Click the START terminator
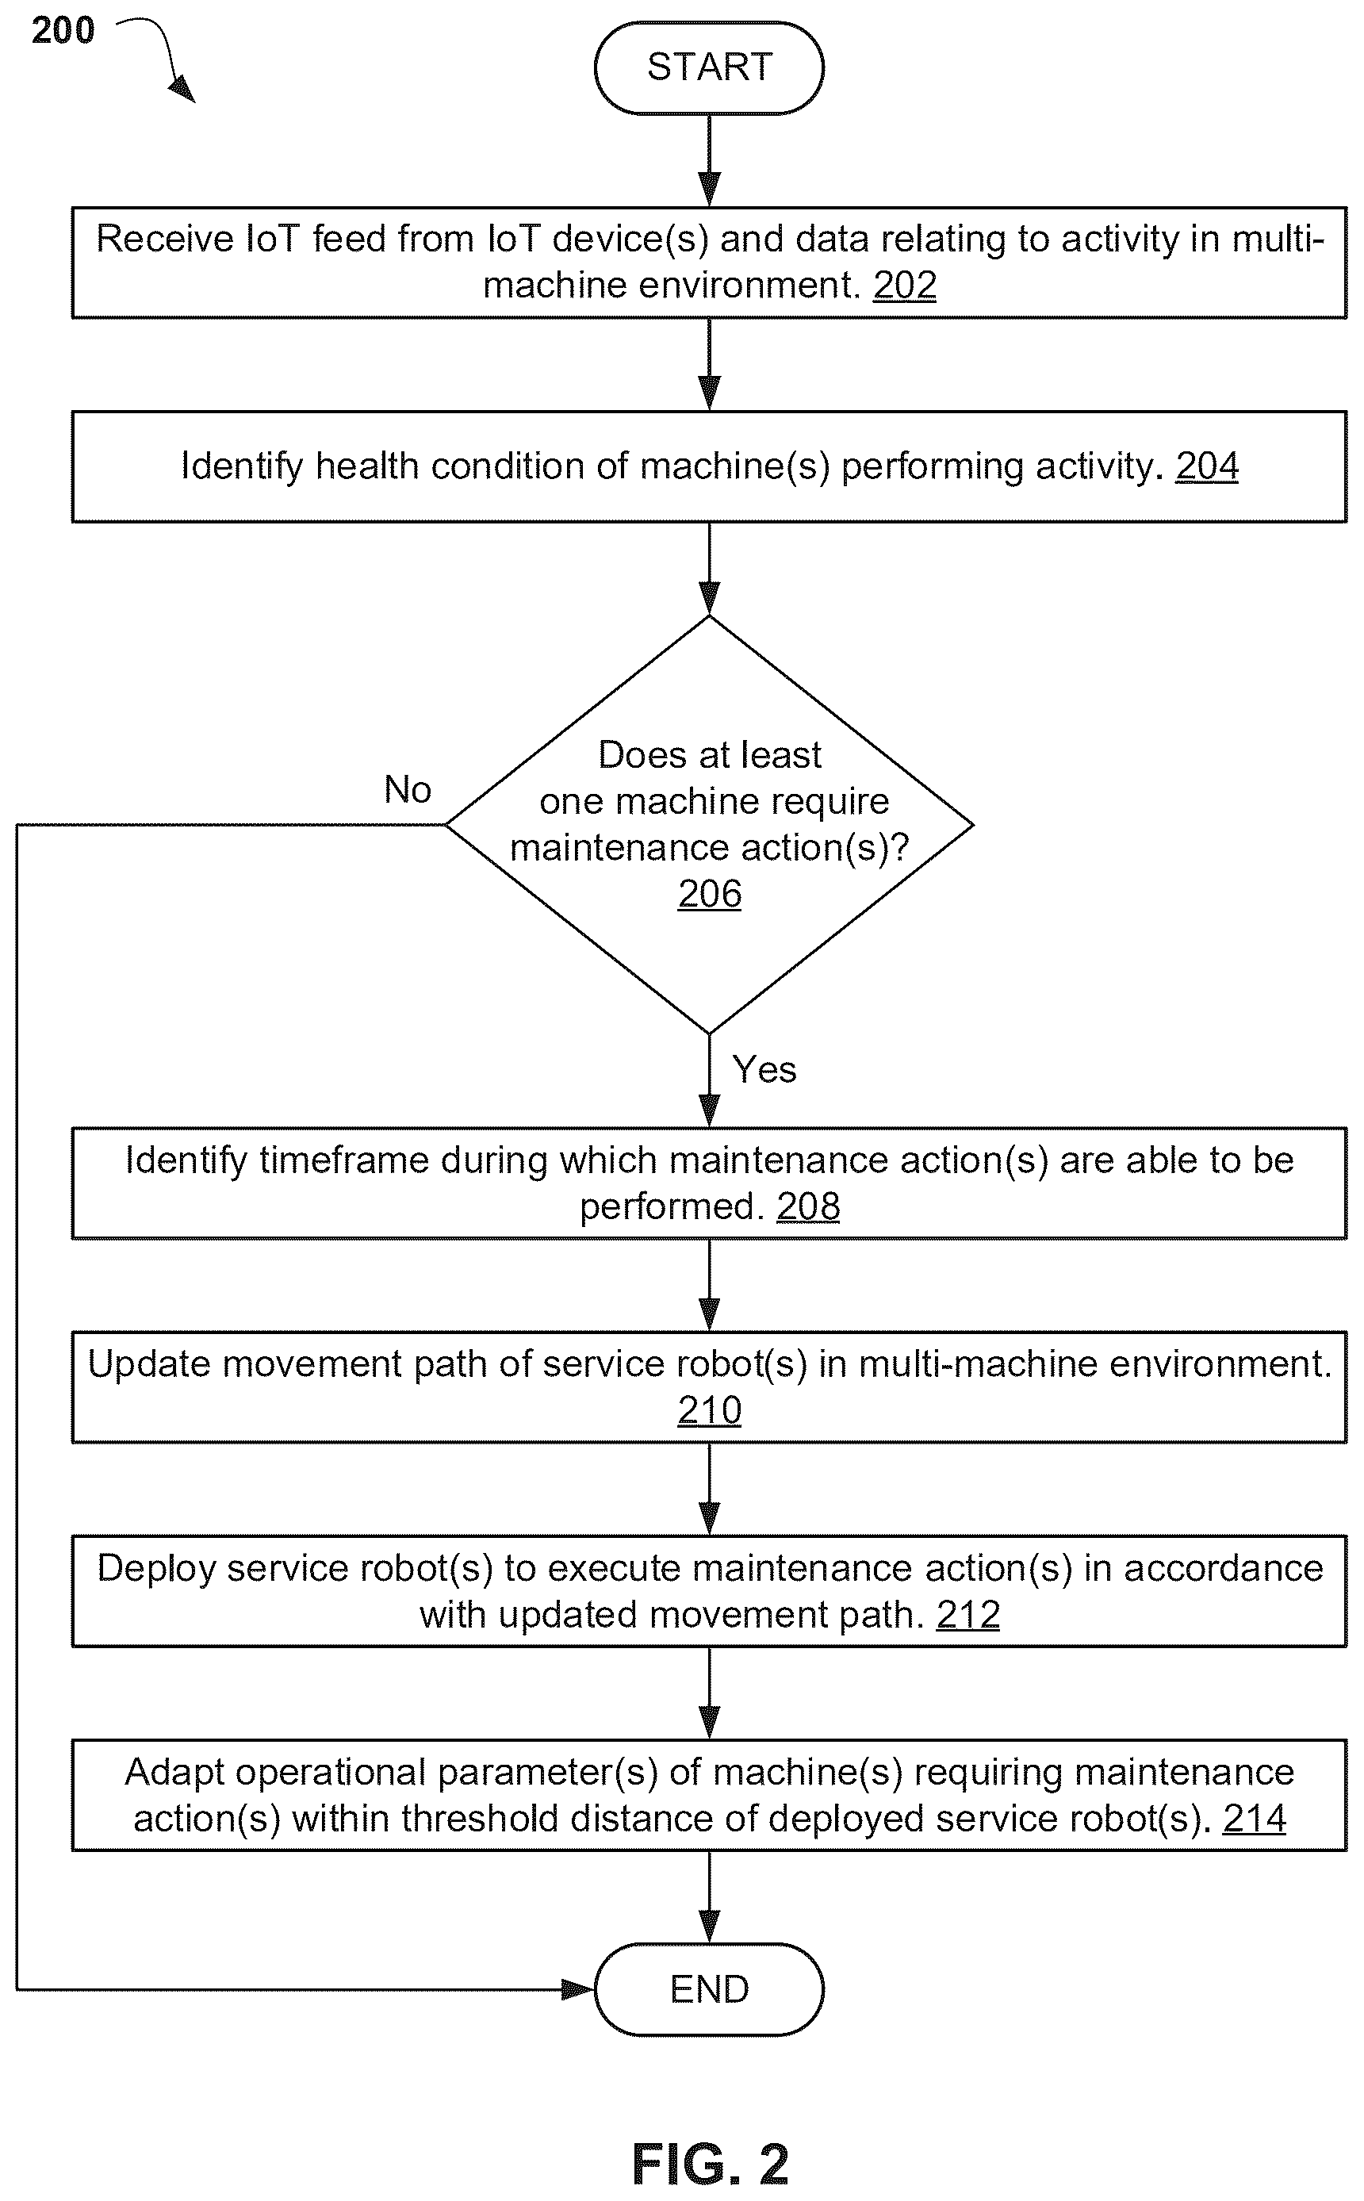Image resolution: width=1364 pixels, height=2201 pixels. (x=709, y=67)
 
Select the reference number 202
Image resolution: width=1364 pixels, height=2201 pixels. (x=905, y=285)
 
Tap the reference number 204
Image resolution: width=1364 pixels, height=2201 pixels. (x=1207, y=466)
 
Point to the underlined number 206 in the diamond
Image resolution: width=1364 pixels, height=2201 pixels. (x=710, y=894)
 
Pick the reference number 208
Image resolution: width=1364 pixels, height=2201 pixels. (x=808, y=1206)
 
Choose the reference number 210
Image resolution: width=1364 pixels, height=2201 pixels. (x=710, y=1410)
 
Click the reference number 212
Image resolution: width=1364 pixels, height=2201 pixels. (x=968, y=1615)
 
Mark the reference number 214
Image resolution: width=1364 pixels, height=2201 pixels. (x=1254, y=1819)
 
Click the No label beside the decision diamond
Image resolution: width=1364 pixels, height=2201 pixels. (x=408, y=789)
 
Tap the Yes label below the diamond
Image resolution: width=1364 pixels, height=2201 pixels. (x=764, y=1069)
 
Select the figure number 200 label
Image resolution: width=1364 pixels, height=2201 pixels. (x=63, y=31)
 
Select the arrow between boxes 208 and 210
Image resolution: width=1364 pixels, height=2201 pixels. (x=710, y=1286)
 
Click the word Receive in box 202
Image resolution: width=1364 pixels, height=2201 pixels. (x=164, y=239)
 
